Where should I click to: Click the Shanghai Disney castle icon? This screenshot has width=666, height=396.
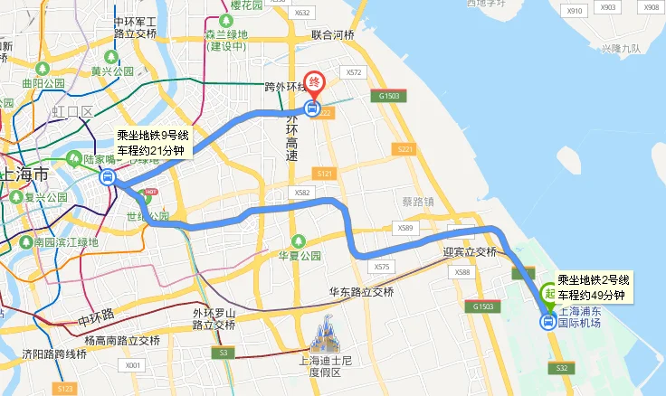tap(324, 336)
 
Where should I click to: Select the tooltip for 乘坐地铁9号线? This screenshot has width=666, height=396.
tap(153, 144)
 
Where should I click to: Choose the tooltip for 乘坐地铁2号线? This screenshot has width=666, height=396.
tap(593, 288)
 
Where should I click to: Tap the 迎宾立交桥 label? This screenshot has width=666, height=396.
tap(470, 252)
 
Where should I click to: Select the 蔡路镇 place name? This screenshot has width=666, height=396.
tap(419, 201)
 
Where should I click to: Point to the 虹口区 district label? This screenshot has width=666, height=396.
tap(73, 112)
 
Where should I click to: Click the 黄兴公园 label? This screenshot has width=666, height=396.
tap(112, 71)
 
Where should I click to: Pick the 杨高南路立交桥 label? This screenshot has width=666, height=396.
tap(121, 340)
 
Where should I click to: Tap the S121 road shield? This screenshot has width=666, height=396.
tap(325, 173)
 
